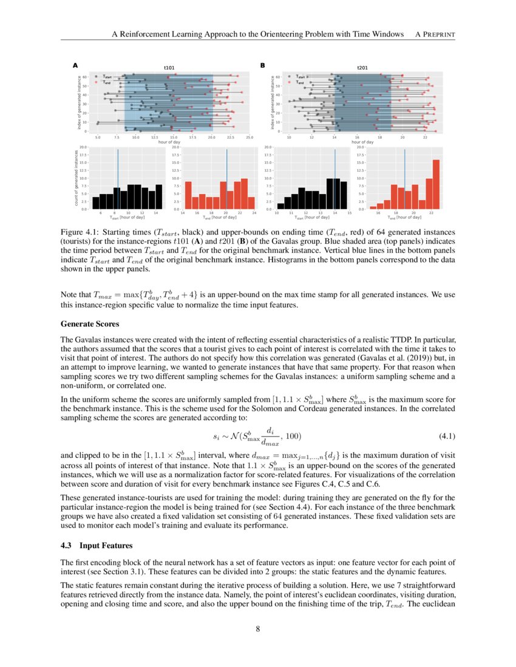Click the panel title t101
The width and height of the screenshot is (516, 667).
[170, 67]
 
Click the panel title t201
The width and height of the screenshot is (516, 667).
[362, 67]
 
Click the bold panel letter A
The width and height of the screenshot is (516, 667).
[75, 65]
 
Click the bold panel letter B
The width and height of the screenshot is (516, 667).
[263, 65]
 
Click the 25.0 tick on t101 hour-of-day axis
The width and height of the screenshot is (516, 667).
[250, 138]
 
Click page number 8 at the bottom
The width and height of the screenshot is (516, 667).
[258, 629]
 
